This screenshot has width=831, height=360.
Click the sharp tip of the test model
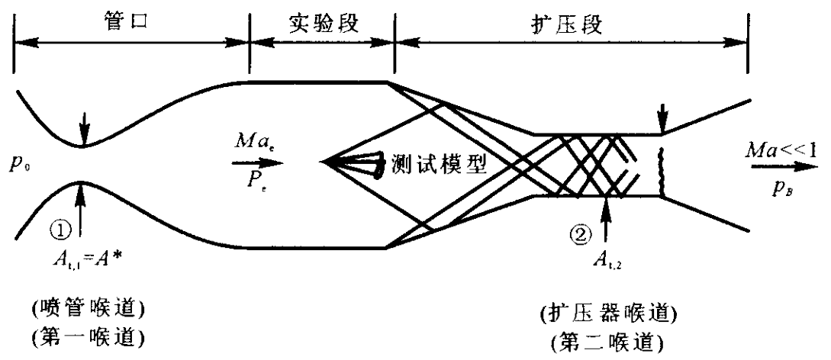(x=325, y=162)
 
